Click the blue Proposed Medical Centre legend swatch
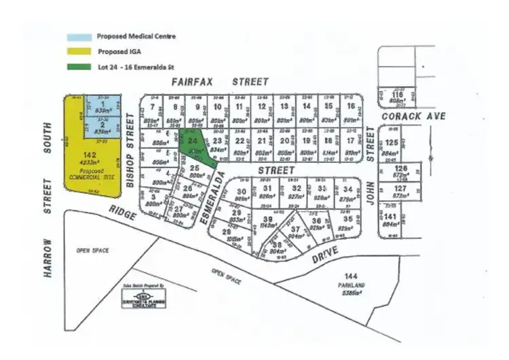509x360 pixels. [79, 37]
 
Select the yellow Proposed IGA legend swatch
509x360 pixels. [79, 52]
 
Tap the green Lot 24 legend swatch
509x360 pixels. [79, 67]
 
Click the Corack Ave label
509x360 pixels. [413, 117]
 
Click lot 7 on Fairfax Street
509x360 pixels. [152, 107]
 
